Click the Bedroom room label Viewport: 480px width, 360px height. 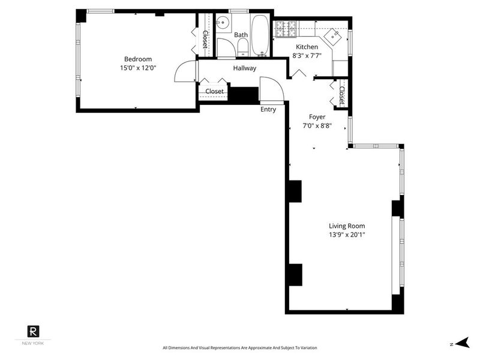coord(138,59)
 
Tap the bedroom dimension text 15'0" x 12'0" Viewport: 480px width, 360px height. coord(138,68)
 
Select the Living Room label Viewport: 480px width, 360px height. coord(347,226)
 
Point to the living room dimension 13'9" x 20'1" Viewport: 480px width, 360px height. coord(347,235)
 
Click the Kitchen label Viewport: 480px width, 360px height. coord(307,47)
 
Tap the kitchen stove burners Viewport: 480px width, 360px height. coord(287,29)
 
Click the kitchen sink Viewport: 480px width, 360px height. coord(332,37)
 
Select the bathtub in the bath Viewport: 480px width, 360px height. coord(260,35)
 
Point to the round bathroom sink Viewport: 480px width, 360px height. coord(223,23)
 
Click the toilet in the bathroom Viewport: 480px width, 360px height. coord(242,49)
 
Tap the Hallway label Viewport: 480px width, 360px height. coord(245,68)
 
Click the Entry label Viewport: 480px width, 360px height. coord(268,109)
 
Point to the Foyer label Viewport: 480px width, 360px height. coord(317,117)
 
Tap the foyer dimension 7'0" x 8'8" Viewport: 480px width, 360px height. coord(317,125)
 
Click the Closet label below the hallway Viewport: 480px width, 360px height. coord(214,91)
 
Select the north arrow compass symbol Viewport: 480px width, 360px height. coord(462,343)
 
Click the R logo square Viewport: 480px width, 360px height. coord(33,331)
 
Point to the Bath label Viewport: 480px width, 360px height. coord(241,35)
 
